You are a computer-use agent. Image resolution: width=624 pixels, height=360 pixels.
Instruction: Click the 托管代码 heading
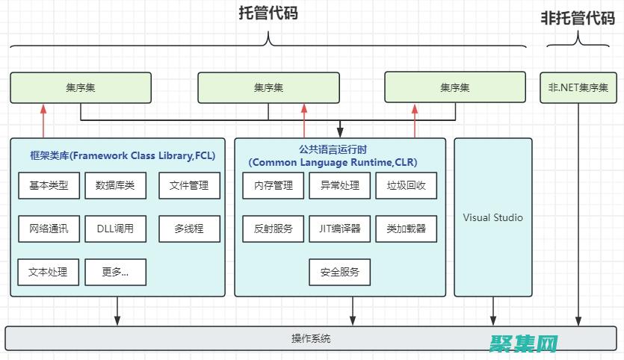tap(268, 13)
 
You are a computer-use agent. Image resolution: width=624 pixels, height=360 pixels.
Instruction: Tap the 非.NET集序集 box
tap(578, 87)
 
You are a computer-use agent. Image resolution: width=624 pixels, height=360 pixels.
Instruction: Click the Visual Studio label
tap(493, 218)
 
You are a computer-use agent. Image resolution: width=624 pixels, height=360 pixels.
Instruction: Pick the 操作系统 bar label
tap(311, 338)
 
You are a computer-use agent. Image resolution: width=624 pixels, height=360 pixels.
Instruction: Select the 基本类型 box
tap(49, 186)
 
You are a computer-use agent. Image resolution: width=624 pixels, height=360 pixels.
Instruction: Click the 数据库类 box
tap(115, 186)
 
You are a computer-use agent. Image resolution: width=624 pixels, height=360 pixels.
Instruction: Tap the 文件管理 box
tap(189, 186)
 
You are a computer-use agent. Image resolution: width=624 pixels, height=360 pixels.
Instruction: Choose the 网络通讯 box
tap(49, 229)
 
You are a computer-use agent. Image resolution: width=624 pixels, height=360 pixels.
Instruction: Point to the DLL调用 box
tap(115, 229)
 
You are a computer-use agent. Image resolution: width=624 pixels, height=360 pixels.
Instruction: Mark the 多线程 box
tap(189, 229)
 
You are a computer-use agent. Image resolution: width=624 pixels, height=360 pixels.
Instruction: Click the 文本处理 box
tap(49, 272)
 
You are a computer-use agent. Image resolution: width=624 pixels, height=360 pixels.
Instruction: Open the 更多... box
tap(115, 272)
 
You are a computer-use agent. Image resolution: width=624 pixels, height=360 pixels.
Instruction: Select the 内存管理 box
tap(274, 186)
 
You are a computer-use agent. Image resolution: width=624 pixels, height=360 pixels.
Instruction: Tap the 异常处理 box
tap(340, 186)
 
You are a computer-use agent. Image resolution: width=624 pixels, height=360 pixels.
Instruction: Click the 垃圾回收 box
tap(407, 186)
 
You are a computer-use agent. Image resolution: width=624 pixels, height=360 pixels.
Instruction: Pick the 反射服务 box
tap(274, 229)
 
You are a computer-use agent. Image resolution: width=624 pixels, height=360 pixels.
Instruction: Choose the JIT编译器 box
tap(340, 229)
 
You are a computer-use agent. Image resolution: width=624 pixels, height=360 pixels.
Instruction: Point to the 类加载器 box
tap(407, 229)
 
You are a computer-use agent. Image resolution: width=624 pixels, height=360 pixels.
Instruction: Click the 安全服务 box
tap(340, 272)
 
